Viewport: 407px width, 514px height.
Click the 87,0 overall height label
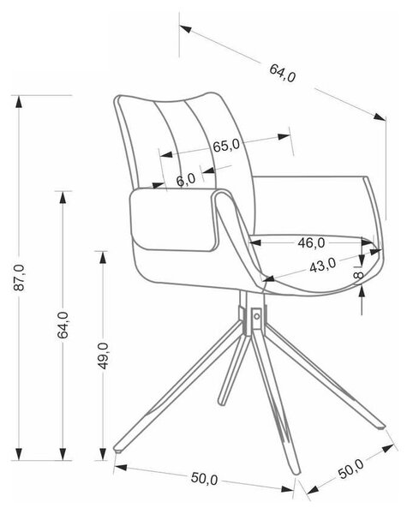19,278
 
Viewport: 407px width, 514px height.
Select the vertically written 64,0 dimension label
63,326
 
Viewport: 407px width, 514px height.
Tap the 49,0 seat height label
104,356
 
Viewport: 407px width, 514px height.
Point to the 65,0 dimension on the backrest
226,145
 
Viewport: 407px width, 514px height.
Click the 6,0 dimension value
186,180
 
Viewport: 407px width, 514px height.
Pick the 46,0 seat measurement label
311,243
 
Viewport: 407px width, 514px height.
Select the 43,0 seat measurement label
323,266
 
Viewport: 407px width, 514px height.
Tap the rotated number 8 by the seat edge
359,275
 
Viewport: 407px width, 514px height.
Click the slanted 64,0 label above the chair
283,73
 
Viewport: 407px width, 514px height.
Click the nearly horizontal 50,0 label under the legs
204,478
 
